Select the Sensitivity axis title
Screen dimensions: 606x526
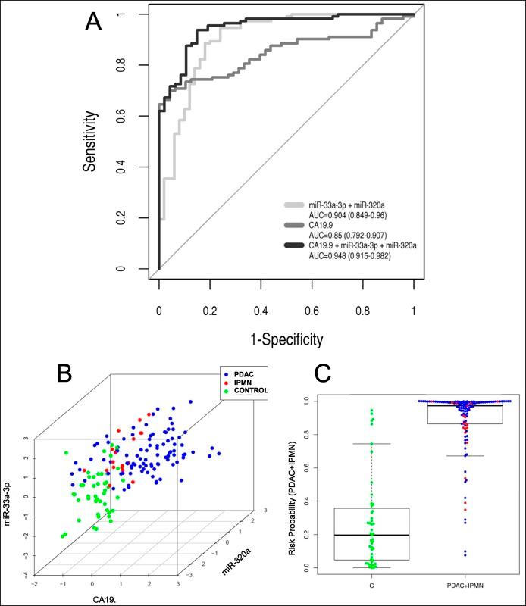click(x=90, y=141)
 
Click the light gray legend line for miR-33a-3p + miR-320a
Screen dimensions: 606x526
click(x=298, y=205)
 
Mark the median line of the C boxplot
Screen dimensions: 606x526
click(x=371, y=535)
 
